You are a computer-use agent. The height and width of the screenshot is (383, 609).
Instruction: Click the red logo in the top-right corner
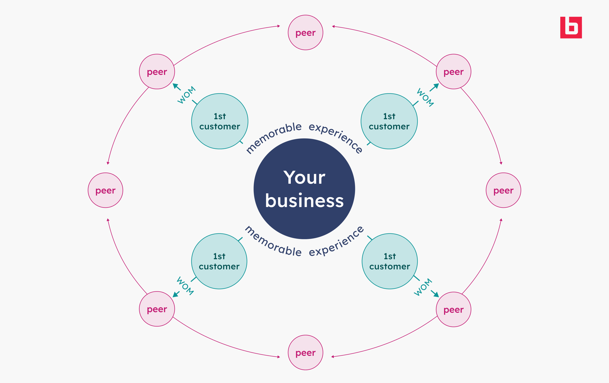571,28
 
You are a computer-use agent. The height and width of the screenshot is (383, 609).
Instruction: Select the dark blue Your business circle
304,189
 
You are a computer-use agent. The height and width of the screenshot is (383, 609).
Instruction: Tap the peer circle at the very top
306,32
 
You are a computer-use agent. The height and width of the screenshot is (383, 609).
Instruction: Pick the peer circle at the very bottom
306,353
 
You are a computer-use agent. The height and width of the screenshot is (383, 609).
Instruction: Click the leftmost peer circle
105,190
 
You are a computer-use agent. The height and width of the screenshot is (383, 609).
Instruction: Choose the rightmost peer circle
503,190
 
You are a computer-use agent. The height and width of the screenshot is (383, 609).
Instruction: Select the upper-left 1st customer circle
220,121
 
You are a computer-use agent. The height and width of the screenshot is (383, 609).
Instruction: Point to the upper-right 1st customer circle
389,121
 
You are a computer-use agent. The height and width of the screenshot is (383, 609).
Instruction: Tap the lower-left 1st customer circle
219,261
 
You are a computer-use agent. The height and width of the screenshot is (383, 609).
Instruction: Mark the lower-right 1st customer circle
390,261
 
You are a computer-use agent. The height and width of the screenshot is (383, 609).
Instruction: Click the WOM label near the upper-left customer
187,95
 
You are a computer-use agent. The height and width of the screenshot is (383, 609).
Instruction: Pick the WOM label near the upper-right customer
425,97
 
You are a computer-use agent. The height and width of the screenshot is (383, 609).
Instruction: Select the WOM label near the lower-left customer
185,286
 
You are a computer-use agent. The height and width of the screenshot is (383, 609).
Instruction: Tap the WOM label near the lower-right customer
423,287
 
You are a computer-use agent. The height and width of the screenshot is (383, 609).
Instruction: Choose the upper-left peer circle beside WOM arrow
157,72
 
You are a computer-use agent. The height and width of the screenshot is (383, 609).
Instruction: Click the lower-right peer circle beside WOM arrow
453,309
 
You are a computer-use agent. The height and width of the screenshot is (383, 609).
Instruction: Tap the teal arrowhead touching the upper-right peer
436,86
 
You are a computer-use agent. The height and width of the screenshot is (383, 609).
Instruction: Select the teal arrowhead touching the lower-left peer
175,294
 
